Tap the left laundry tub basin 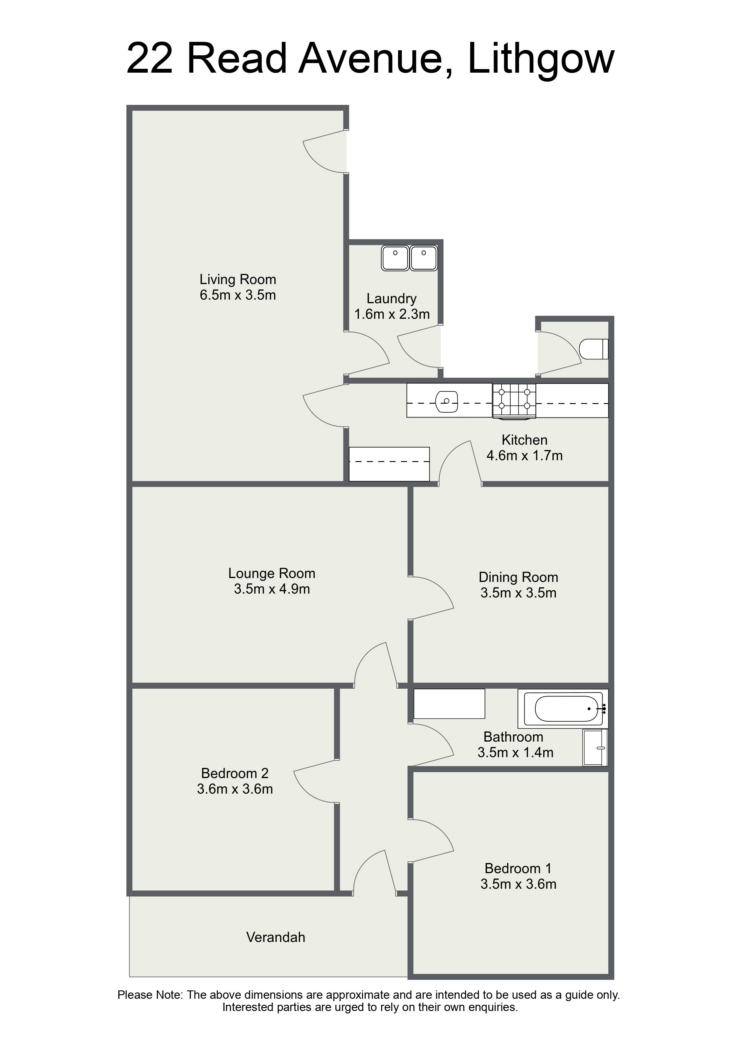point(395,258)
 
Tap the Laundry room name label point(392,299)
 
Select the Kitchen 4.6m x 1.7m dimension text point(525,455)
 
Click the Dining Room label point(518,577)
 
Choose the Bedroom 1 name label point(518,868)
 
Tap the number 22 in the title point(150,59)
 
